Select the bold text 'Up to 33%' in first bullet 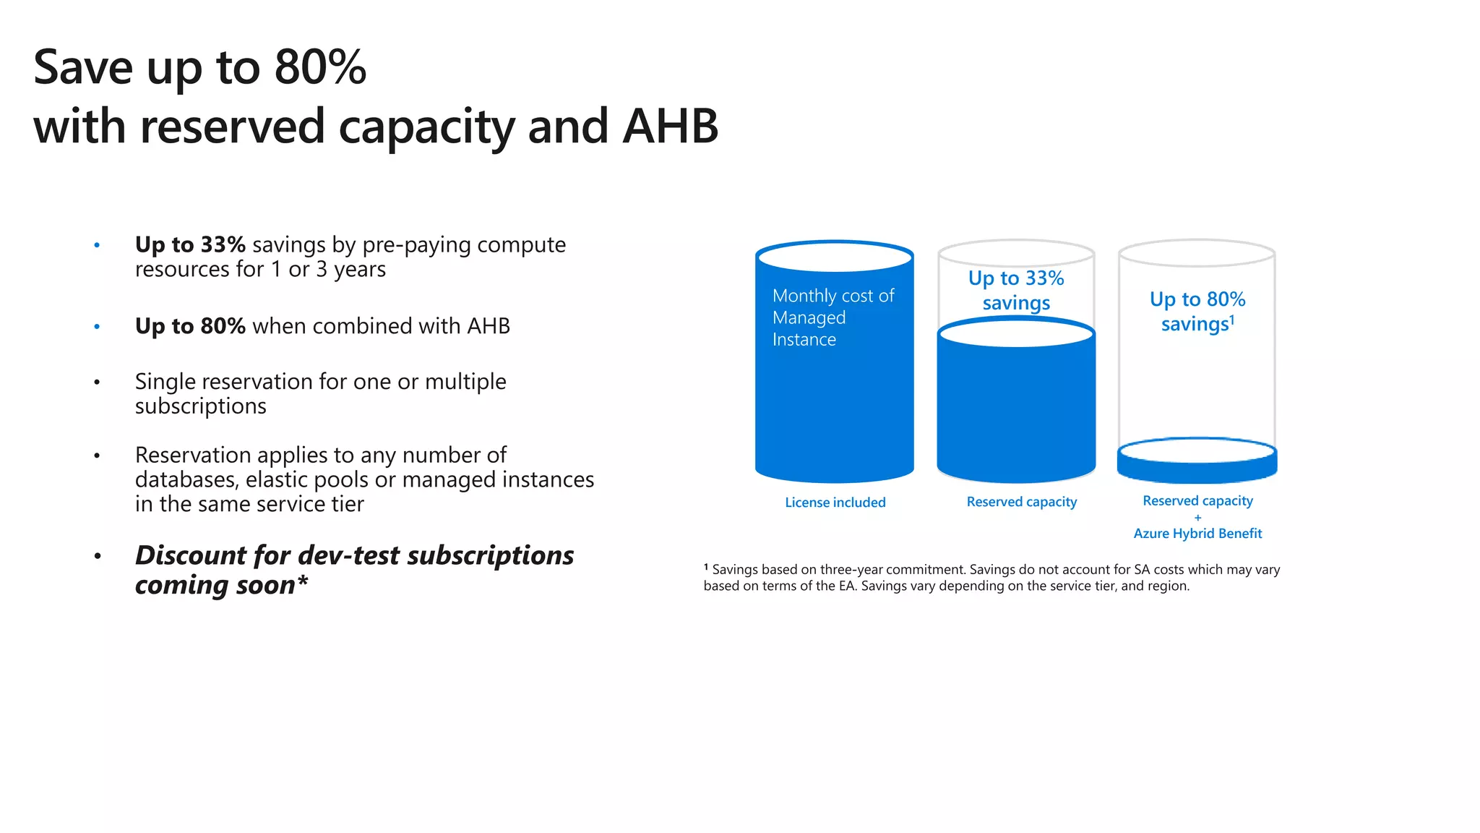click(x=190, y=245)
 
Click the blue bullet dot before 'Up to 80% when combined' click(x=97, y=327)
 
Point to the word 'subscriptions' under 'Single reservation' click(x=200, y=406)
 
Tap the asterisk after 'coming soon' click(x=303, y=582)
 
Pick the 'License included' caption click(x=835, y=503)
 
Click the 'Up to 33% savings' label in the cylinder click(x=1016, y=290)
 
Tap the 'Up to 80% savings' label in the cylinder click(x=1197, y=312)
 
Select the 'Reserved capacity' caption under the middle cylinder click(x=1021, y=502)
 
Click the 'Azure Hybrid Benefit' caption click(x=1197, y=534)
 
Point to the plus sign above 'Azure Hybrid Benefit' click(x=1197, y=518)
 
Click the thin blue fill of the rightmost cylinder click(x=1197, y=471)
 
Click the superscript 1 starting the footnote click(x=706, y=568)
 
